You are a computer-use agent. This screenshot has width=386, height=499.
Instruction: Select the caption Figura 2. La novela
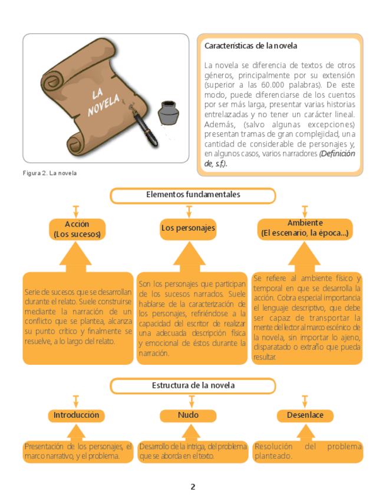50,173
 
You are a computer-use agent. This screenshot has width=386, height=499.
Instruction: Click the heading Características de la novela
250,46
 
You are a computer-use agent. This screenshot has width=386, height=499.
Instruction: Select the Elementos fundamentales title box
193,195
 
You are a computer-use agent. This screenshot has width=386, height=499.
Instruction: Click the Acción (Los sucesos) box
77,229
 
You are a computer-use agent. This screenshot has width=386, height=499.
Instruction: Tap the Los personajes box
188,228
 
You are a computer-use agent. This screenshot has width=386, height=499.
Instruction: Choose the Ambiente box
305,228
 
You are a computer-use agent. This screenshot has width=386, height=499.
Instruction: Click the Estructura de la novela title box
193,385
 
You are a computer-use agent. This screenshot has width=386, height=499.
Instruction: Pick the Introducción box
77,415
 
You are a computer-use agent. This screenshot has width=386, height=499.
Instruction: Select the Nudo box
188,415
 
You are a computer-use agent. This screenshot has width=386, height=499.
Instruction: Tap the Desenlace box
305,415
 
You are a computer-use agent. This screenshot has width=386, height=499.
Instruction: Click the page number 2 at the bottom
193,487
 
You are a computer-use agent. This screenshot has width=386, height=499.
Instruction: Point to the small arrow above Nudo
191,401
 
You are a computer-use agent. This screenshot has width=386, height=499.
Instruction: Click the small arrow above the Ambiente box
305,211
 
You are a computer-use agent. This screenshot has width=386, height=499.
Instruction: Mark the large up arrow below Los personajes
189,257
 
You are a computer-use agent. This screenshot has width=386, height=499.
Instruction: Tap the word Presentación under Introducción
42,447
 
